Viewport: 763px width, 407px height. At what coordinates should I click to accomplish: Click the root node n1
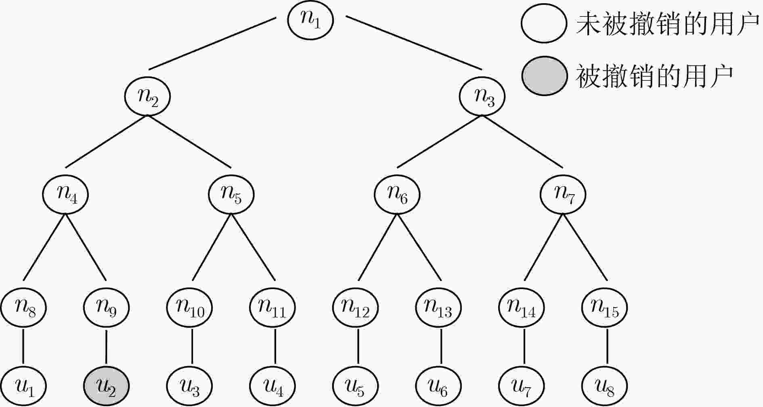310,20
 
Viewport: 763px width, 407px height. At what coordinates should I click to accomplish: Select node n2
147,96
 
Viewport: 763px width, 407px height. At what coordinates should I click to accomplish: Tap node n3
483,96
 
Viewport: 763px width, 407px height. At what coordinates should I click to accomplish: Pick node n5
231,195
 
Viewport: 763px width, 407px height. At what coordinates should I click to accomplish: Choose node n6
397,195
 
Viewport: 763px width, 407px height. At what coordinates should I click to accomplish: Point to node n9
106,308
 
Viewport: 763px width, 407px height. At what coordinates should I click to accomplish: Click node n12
356,308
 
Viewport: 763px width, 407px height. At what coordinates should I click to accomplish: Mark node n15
605,308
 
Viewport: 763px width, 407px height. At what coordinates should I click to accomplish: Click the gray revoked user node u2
106,386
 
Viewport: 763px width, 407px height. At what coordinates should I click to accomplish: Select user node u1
23,386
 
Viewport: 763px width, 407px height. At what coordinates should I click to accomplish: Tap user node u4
273,386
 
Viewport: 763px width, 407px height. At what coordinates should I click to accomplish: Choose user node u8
605,386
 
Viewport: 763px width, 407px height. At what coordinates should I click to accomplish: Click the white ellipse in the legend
544,23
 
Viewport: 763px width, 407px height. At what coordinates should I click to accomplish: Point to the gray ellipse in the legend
544,76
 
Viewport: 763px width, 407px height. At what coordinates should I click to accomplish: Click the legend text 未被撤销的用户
668,23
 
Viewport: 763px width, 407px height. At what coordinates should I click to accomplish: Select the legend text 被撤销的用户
654,76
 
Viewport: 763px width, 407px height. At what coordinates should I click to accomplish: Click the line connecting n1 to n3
414,43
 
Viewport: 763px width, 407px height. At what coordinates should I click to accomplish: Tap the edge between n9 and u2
106,347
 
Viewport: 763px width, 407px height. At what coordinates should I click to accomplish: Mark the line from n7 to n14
544,248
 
